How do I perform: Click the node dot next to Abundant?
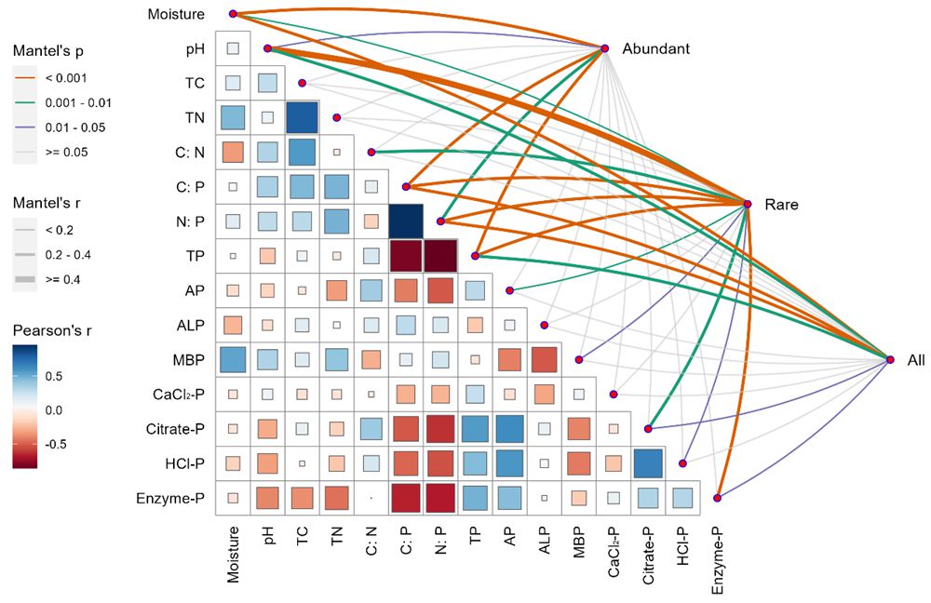(x=604, y=48)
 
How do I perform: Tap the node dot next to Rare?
(x=748, y=203)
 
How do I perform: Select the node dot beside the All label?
(x=887, y=359)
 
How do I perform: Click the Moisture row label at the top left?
(x=177, y=14)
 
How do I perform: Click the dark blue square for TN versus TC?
(x=302, y=117)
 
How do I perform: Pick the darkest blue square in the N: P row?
(x=406, y=221)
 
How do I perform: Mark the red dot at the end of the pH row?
(x=267, y=48)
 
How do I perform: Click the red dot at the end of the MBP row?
(x=579, y=359)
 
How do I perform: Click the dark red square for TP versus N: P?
(x=440, y=256)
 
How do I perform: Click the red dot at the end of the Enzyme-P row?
(x=718, y=499)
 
